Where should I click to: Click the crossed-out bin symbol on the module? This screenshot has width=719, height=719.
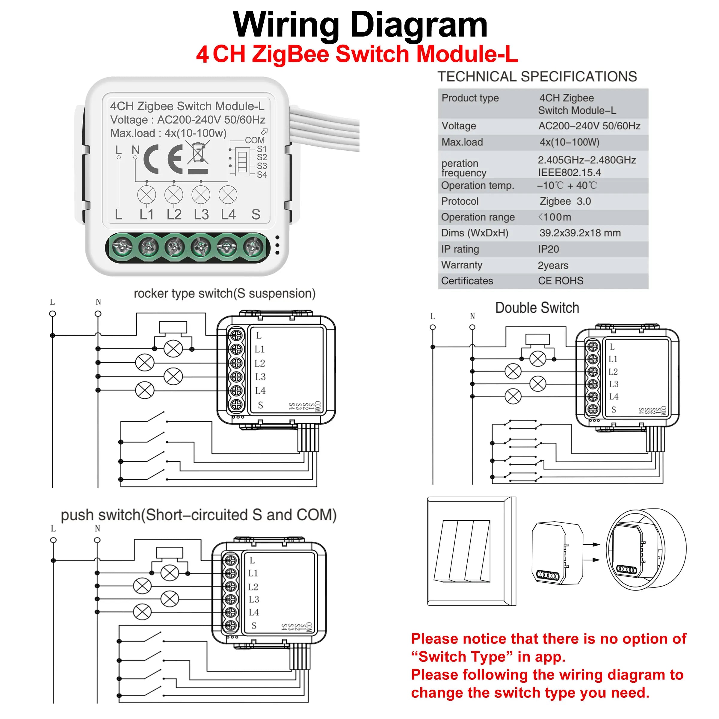click(198, 153)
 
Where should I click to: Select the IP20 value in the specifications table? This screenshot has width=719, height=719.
click(548, 249)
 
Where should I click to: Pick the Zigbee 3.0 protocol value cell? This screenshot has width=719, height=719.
click(565, 201)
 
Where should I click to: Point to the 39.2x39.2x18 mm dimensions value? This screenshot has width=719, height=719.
click(580, 233)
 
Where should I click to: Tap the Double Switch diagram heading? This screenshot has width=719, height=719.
click(537, 308)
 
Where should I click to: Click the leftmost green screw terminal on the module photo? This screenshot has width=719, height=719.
click(123, 247)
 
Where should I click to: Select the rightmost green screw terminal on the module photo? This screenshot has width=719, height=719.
click(253, 247)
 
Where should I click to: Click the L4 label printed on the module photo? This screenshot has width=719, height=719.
click(228, 215)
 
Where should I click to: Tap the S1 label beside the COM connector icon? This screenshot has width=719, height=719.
click(262, 149)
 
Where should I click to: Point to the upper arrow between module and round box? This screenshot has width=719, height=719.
click(591, 544)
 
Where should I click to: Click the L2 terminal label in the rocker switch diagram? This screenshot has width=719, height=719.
click(260, 363)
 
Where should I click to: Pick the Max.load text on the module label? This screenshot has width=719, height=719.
click(132, 133)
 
